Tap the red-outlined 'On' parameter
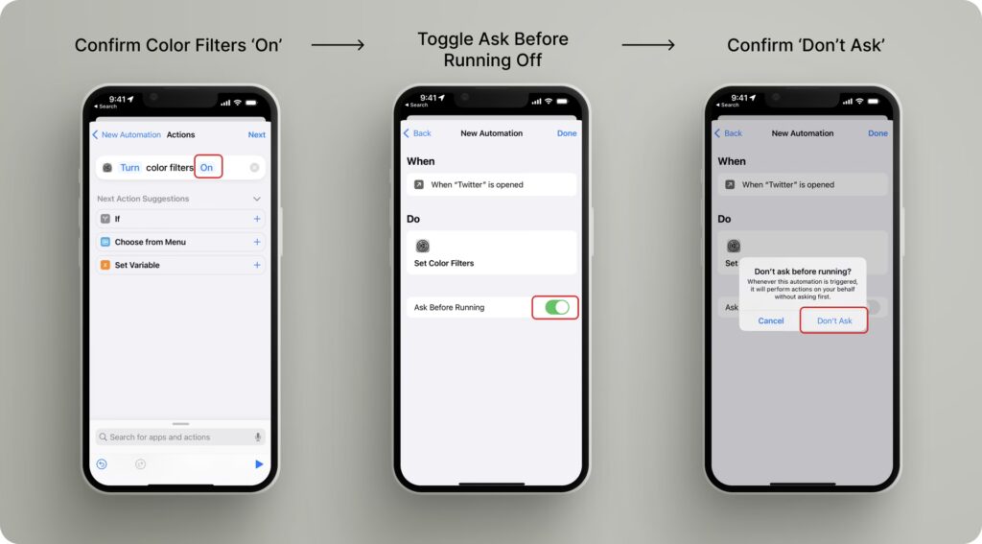pyautogui.click(x=207, y=167)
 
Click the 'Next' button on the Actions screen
pyautogui.click(x=257, y=134)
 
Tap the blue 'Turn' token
pyautogui.click(x=129, y=167)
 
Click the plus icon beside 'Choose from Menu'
pyautogui.click(x=257, y=242)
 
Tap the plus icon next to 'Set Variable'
pyautogui.click(x=257, y=265)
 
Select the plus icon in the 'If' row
pyautogui.click(x=257, y=219)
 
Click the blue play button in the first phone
pyautogui.click(x=259, y=463)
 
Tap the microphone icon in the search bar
pyautogui.click(x=258, y=437)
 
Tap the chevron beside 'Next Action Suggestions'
pyautogui.click(x=257, y=199)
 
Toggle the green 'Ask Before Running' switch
pyautogui.click(x=557, y=307)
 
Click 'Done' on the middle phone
pyautogui.click(x=567, y=133)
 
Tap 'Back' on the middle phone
pyautogui.click(x=418, y=133)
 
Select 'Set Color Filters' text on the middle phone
pyautogui.click(x=444, y=263)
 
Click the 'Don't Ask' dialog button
pyautogui.click(x=834, y=320)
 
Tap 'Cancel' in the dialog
pyautogui.click(x=771, y=320)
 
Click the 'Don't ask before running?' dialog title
pyautogui.click(x=803, y=272)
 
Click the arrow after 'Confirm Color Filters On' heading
pyautogui.click(x=338, y=45)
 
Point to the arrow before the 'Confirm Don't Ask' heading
pyautogui.click(x=648, y=45)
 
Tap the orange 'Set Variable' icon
pyautogui.click(x=105, y=265)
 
